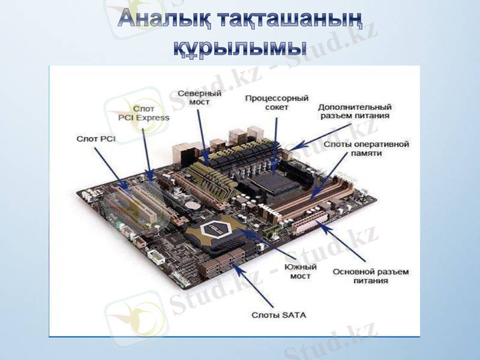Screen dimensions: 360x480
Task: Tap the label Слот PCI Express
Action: (144, 113)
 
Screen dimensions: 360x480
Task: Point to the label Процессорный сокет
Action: (277, 102)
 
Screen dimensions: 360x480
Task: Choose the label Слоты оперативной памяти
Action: (366, 149)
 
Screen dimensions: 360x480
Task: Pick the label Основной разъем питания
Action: (371, 276)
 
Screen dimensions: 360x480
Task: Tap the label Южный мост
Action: (301, 271)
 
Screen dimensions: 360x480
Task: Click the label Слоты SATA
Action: (278, 314)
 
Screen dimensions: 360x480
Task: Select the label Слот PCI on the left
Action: (96, 139)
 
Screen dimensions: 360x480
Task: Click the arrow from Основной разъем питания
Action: (340, 243)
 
